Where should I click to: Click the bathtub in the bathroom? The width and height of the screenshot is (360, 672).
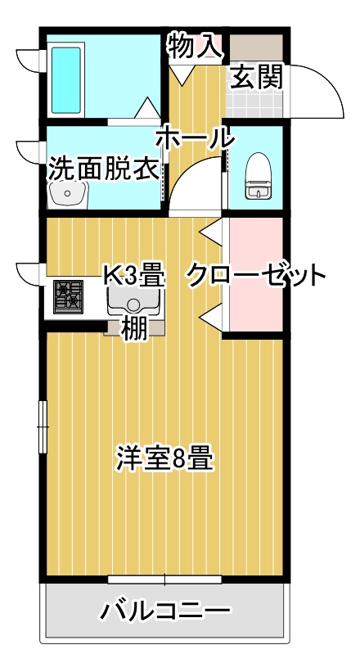click(66, 80)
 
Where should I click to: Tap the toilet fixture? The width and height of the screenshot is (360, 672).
click(258, 176)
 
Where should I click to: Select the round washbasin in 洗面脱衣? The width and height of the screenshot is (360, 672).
click(67, 195)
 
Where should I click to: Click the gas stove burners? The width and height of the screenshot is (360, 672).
click(68, 296)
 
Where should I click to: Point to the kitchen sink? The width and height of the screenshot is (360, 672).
click(133, 300)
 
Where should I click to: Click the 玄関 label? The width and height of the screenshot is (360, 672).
click(257, 77)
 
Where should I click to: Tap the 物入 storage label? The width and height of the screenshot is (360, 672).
click(196, 46)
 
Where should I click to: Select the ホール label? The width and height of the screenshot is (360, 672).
click(196, 138)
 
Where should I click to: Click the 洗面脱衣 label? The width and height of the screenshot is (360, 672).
click(104, 168)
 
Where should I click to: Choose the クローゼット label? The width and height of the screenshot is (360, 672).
click(255, 276)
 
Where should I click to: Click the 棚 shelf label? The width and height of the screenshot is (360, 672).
click(135, 329)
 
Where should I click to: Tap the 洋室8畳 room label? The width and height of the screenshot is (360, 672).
click(164, 458)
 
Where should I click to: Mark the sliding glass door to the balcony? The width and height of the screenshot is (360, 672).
click(164, 580)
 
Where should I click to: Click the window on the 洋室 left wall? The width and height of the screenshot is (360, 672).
click(43, 426)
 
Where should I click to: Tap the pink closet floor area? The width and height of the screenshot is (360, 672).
click(256, 274)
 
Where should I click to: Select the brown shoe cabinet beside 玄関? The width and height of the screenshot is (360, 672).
click(256, 47)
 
